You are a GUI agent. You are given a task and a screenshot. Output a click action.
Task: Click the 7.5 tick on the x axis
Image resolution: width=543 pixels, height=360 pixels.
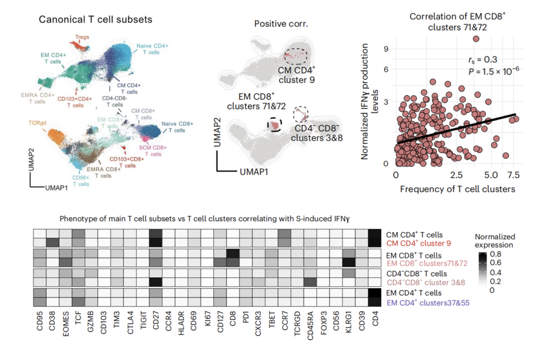(514, 174)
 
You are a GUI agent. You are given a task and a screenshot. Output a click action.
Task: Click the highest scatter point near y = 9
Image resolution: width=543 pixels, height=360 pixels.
(476, 38)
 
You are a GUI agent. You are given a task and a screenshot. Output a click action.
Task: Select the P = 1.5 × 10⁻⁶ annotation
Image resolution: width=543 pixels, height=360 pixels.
(494, 70)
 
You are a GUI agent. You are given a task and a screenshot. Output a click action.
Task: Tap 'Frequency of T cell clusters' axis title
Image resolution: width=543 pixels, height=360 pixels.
(457, 189)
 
